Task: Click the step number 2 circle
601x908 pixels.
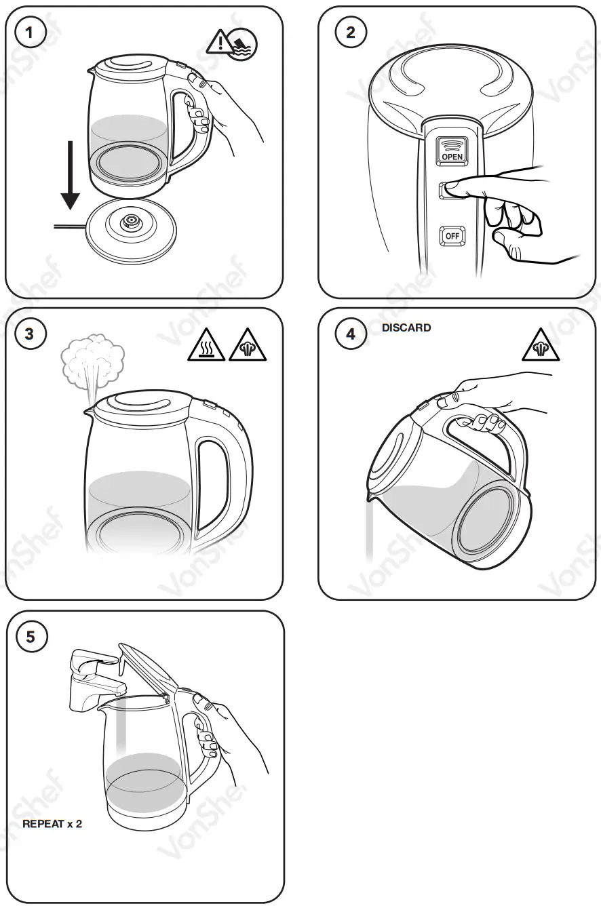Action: click(x=350, y=32)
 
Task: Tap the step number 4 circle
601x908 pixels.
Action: click(x=350, y=334)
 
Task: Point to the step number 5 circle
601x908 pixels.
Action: click(x=31, y=637)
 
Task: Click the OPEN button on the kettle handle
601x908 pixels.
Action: click(x=452, y=149)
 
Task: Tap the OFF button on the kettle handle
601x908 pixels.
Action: click(x=452, y=236)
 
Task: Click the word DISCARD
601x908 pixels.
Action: click(x=406, y=328)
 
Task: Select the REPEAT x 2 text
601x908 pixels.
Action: click(x=52, y=825)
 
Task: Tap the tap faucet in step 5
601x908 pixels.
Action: click(x=95, y=675)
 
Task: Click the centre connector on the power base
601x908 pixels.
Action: click(x=129, y=222)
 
